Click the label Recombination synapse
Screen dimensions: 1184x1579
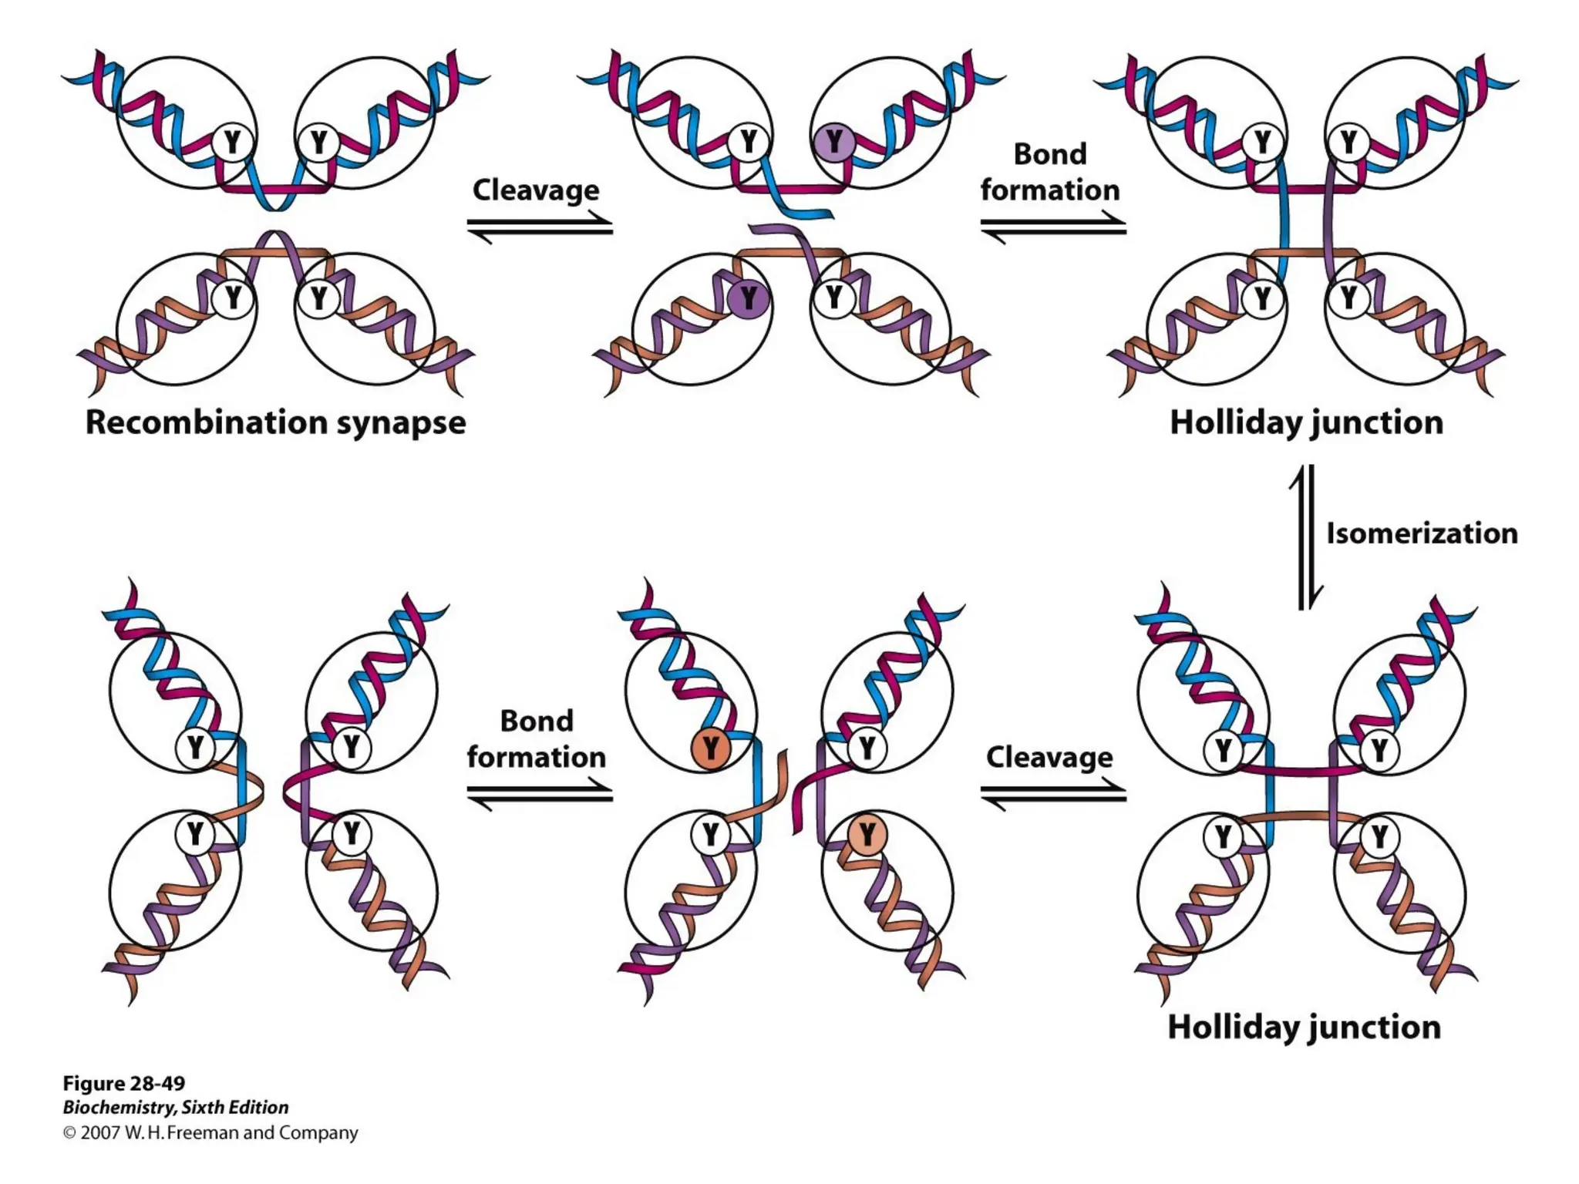pos(275,422)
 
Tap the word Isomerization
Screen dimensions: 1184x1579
pos(1422,533)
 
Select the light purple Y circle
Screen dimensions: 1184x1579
pos(833,142)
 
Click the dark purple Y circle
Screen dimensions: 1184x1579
pos(748,298)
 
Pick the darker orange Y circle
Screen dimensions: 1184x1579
pos(710,748)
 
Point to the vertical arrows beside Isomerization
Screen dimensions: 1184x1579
pos(1306,536)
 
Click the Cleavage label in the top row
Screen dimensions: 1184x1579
pos(536,190)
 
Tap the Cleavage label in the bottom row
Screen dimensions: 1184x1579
pos(1049,758)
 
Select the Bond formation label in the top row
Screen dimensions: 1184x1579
pos(1050,172)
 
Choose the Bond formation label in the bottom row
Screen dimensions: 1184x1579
pos(537,739)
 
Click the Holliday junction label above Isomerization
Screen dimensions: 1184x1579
pos(1306,422)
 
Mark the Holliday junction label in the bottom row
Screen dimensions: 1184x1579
pos(1304,1028)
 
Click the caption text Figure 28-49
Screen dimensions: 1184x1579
pos(124,1083)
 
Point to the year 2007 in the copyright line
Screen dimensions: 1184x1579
pos(99,1132)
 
